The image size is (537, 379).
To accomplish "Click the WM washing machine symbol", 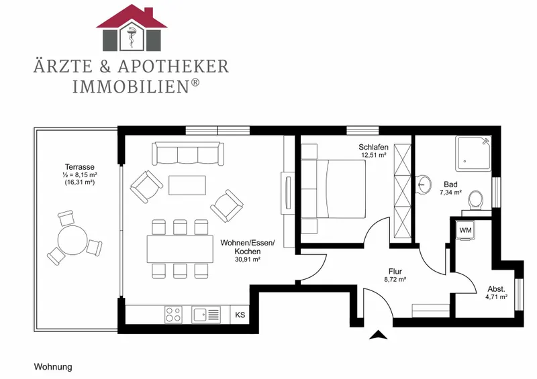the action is click(465, 230).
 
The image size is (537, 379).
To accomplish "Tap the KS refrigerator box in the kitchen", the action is click(240, 315).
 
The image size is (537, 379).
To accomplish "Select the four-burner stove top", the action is click(173, 315).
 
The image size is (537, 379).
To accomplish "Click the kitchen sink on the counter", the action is click(206, 315).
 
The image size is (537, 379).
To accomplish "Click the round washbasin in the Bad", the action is click(424, 185).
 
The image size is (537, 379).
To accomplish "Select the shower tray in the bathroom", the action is click(474, 154).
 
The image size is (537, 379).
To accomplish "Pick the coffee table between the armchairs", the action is click(187, 185).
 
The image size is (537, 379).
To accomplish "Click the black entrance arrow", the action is click(378, 335).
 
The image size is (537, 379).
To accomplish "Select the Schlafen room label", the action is click(373, 147).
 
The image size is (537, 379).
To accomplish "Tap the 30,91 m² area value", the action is click(248, 260).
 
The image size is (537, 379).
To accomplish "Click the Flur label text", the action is click(395, 272).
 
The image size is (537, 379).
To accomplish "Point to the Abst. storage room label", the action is click(496, 289).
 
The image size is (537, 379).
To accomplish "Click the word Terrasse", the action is click(80, 167).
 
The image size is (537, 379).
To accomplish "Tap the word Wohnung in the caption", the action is click(53, 367).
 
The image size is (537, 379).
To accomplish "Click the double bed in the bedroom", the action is click(334, 188).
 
